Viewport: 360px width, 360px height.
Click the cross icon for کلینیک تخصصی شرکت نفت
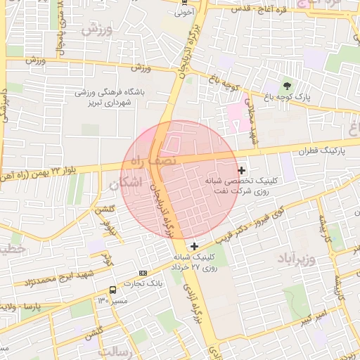click(x=242, y=169)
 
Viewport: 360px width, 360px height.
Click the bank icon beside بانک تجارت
click(x=143, y=273)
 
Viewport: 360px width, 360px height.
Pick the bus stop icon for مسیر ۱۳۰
click(x=112, y=290)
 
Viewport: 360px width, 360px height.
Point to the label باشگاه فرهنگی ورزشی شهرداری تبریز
click(x=110, y=97)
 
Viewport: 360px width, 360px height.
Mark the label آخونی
click(x=184, y=12)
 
